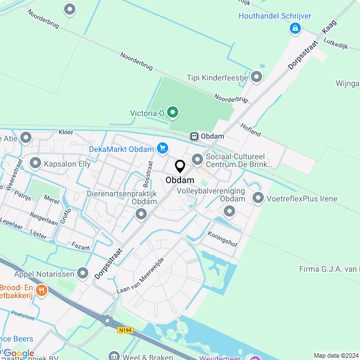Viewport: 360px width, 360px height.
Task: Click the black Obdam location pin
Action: (180, 166)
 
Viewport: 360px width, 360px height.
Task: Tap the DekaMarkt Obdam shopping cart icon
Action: (163, 148)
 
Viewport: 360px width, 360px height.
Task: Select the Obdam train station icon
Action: (193, 136)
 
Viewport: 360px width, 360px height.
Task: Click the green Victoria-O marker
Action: (173, 112)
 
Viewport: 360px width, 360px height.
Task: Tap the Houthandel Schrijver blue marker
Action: (294, 28)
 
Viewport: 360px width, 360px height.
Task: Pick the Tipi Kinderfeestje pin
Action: (257, 77)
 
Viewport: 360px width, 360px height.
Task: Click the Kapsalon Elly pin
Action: (35, 164)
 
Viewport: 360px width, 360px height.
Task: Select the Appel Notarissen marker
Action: (83, 273)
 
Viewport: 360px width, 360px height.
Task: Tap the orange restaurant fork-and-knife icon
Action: (41, 291)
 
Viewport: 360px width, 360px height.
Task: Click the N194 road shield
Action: (125, 330)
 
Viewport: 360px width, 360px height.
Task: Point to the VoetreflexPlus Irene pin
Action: (258, 198)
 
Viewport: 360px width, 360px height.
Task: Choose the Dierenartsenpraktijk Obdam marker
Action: (141, 214)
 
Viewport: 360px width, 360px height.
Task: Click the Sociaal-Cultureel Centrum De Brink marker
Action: (197, 160)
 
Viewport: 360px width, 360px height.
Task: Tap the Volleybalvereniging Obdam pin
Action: (229, 211)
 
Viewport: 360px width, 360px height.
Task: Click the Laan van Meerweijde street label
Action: (139, 276)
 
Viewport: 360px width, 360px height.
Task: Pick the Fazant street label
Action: (81, 246)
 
